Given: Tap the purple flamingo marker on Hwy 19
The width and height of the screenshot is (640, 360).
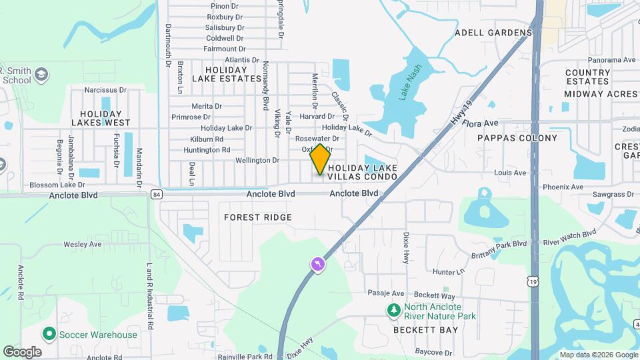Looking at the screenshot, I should click(x=318, y=265).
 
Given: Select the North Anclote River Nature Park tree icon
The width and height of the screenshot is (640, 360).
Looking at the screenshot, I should click(x=394, y=310).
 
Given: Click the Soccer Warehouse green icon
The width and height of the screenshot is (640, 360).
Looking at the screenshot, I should click(x=48, y=334).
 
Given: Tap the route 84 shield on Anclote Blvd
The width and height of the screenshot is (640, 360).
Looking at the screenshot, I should click(x=156, y=194).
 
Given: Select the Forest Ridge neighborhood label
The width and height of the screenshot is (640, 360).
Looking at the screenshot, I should click(x=258, y=217).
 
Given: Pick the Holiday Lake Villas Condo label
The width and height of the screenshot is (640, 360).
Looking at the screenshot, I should click(x=363, y=172).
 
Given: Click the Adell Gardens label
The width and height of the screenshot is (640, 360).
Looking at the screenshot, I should click(x=493, y=32).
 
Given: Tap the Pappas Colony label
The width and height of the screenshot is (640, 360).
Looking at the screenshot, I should click(x=517, y=138).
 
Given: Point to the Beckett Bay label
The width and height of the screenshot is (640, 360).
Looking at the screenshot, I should click(x=425, y=330).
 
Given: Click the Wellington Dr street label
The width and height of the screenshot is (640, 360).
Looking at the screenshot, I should click(x=257, y=160).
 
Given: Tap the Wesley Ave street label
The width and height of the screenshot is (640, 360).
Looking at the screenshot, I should click(x=83, y=244).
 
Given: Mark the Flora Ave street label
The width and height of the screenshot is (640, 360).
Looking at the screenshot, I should click(x=483, y=123).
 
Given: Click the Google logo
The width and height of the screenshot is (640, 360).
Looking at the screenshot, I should click(x=23, y=351).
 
